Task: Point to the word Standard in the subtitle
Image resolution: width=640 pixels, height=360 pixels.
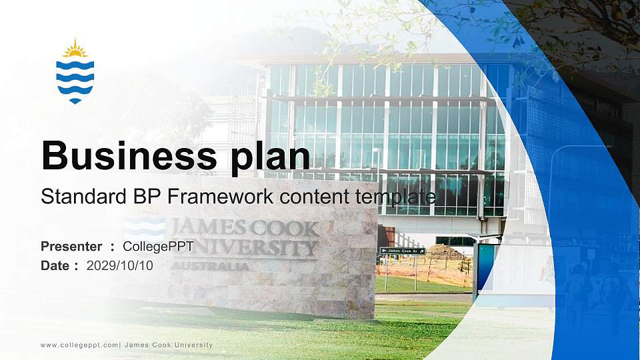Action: (81, 197)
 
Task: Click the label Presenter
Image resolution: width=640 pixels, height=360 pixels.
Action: (71, 247)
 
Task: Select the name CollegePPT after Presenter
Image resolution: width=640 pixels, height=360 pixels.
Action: (159, 247)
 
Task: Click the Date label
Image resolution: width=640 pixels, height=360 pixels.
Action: (56, 265)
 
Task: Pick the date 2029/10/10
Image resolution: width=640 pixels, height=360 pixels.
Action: (120, 265)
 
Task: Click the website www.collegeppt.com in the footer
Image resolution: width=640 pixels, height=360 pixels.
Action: (79, 345)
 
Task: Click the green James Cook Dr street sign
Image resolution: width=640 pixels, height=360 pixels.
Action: (402, 251)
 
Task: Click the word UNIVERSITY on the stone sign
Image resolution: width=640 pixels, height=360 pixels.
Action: (247, 248)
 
